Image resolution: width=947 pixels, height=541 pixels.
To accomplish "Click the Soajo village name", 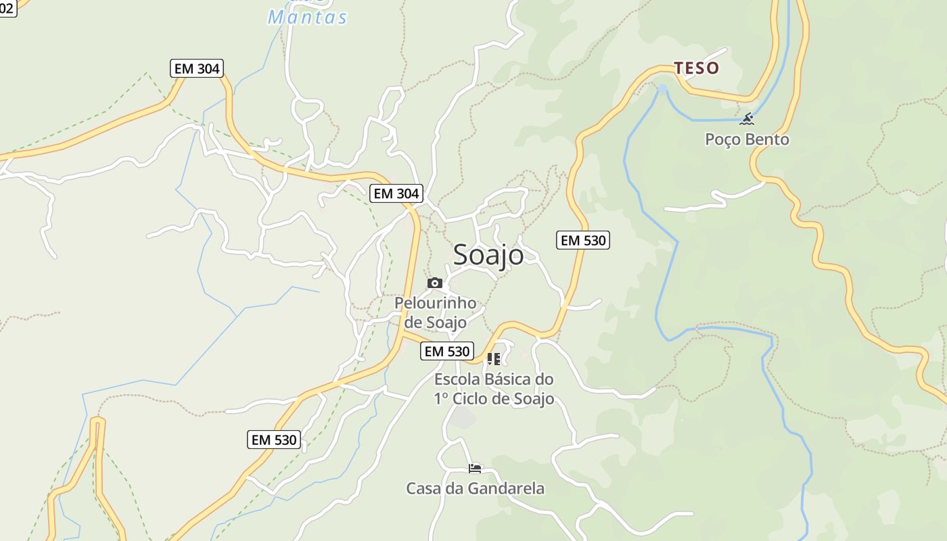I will tap(488, 255).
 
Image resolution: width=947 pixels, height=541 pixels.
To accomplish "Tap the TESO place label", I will tap(696, 68).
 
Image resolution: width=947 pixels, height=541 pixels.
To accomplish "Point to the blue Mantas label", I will tap(308, 17).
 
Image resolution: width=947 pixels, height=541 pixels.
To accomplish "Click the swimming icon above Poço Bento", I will tap(747, 120).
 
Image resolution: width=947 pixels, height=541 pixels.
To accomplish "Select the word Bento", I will tap(767, 139).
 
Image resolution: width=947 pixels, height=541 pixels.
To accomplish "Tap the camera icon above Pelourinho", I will tap(435, 283).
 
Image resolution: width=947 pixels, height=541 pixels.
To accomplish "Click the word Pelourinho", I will tap(435, 303).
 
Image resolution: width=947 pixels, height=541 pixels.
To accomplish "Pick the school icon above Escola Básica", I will tap(494, 359).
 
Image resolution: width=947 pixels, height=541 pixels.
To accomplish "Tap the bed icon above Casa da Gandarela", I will tap(475, 468).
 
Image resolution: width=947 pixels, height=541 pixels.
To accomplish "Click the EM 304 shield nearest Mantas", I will tap(196, 68).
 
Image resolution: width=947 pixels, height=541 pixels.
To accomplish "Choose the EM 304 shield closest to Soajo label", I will tap(396, 193).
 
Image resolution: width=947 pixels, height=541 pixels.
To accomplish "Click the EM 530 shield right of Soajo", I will tap(582, 240).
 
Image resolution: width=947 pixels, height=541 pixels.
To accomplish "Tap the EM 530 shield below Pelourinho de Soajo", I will tap(446, 351).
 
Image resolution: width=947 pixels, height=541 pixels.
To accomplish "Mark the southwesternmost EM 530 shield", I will tap(274, 440).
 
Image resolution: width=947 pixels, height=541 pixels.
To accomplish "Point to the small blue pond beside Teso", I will tap(662, 89).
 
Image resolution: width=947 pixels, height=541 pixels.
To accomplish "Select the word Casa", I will tap(423, 488).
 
